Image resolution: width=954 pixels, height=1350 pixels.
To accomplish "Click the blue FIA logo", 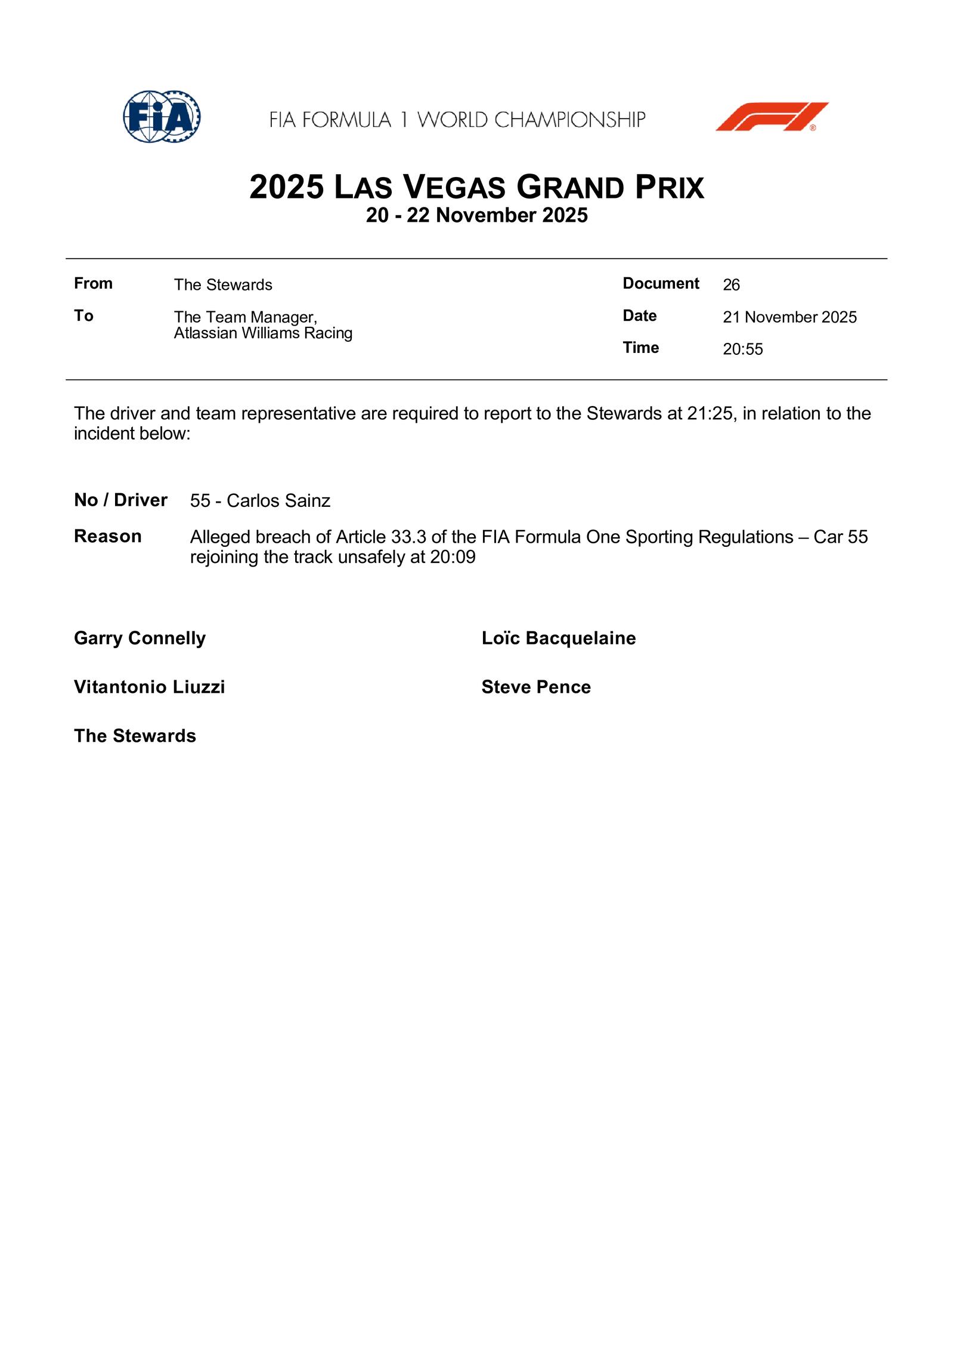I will [x=162, y=117].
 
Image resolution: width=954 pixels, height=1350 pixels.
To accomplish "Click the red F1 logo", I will [x=772, y=117].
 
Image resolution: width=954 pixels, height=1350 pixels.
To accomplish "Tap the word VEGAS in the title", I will [x=454, y=187].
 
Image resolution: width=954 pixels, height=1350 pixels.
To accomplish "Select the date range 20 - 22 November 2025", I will [x=476, y=215].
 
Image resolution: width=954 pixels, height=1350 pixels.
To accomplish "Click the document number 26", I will [x=731, y=285].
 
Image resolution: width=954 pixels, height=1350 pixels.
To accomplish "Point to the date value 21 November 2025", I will [x=789, y=317].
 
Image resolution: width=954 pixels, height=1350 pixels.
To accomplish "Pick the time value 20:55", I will [x=742, y=349].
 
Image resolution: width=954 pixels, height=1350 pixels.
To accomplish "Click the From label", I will [x=93, y=283].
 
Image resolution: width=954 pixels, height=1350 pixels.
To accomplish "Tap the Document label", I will [x=661, y=283].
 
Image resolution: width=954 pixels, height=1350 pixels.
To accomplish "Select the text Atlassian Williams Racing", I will [x=263, y=333].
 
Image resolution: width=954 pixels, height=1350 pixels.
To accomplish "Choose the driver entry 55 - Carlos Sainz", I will [x=260, y=500].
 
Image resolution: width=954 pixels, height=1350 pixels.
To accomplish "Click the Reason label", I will [x=107, y=536].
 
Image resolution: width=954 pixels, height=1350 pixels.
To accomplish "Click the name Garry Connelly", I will [x=140, y=638].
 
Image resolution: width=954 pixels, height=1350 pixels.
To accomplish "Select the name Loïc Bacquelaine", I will [x=558, y=638].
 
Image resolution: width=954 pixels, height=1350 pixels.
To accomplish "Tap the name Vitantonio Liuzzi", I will [x=149, y=687].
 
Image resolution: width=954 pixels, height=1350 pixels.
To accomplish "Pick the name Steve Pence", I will [x=536, y=687].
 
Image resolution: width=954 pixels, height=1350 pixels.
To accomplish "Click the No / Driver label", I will [x=120, y=500].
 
